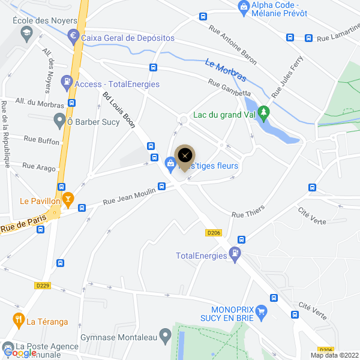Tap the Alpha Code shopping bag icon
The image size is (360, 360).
[x=244, y=7]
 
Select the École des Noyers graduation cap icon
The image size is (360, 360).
[x=26, y=35]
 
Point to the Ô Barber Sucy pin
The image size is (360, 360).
[x=59, y=121]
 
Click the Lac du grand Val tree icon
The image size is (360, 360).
[x=264, y=112]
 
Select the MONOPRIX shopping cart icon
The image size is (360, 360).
[x=260, y=311]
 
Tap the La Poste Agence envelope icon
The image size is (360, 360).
[x=8, y=347]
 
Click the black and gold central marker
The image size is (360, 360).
[x=185, y=155]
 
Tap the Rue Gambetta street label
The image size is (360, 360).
[x=229, y=88]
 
